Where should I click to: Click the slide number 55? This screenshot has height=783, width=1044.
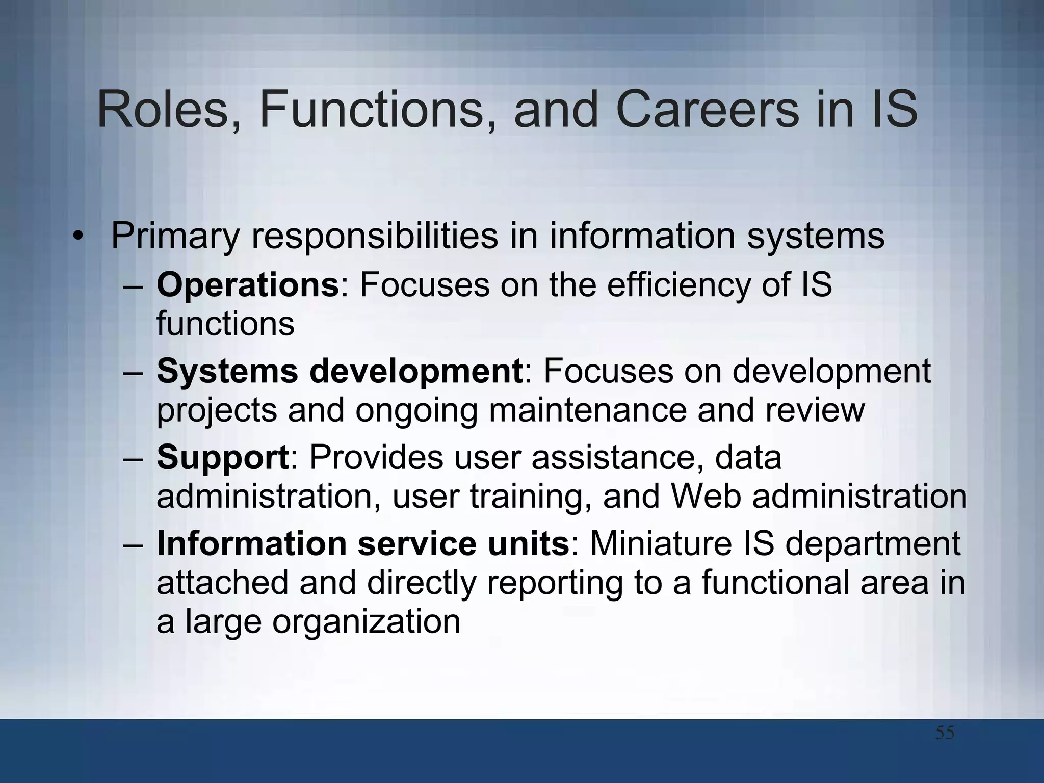click(945, 734)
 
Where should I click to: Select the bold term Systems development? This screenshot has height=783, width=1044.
click(340, 371)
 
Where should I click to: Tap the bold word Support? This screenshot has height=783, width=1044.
click(223, 457)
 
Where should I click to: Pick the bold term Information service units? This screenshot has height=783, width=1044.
click(362, 543)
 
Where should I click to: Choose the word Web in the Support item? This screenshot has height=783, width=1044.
click(706, 496)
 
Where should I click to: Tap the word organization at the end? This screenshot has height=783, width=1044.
click(366, 621)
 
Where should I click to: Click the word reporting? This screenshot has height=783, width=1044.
click(555, 583)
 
